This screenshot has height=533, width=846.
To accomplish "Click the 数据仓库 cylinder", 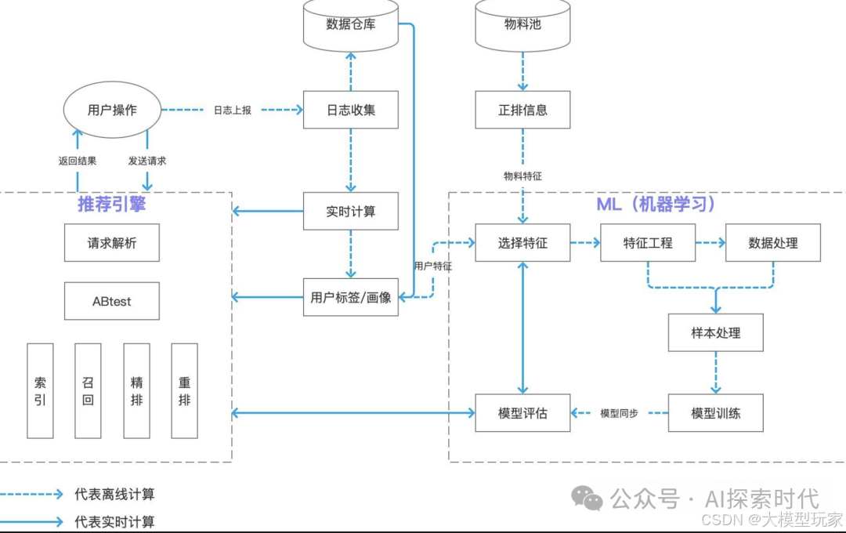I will (350, 24).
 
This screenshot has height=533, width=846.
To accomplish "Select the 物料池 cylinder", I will (522, 24).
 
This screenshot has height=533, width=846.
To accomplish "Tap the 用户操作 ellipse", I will (112, 110).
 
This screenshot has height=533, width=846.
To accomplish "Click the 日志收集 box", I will (350, 110).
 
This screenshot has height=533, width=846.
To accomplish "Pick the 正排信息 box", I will (522, 110).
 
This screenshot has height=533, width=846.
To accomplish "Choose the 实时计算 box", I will (350, 212).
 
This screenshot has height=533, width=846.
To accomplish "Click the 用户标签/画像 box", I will (350, 297).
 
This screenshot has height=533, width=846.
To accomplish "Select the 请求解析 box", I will (111, 243).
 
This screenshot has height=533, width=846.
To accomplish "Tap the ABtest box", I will (111, 301).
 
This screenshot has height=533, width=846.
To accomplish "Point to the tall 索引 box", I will (40, 390).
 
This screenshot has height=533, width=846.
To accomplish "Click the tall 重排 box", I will (184, 390).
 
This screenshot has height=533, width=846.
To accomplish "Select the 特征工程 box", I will (648, 243).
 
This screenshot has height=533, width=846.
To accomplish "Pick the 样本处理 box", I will (715, 333).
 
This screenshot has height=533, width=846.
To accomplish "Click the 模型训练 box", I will (715, 413).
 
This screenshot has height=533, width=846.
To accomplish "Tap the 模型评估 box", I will (522, 413).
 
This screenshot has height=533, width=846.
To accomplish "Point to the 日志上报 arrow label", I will (233, 111).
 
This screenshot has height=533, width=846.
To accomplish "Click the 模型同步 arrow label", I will (619, 413).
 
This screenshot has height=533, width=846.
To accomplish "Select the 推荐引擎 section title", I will (111, 204).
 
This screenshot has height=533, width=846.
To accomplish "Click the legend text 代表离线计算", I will (114, 495).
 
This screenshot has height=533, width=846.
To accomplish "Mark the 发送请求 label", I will (147, 161).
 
